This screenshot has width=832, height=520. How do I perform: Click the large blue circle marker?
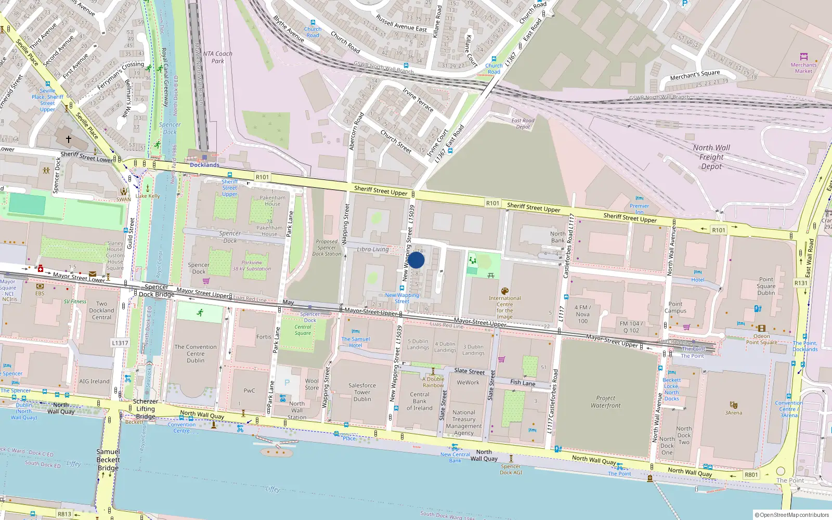click(416, 260)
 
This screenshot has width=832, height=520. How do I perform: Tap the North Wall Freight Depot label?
click(711, 157)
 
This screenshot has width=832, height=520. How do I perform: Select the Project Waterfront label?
click(605, 401)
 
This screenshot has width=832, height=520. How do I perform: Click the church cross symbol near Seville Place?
click(68, 139)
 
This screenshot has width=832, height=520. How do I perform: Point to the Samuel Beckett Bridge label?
click(108, 460)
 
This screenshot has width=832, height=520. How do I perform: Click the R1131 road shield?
click(801, 283)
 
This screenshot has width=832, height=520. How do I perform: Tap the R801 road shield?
click(751, 474)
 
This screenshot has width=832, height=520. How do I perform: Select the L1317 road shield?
click(120, 343)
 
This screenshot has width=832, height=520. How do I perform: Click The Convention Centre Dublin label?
click(196, 354)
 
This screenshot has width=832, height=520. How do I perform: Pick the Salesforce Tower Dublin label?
click(362, 392)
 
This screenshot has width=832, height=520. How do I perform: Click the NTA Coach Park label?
click(217, 57)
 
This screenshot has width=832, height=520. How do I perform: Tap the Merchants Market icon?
click(803, 57)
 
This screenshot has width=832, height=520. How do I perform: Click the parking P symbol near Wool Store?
click(287, 383)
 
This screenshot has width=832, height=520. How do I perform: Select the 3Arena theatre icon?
click(734, 405)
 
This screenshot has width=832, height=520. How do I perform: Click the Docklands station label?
click(204, 165)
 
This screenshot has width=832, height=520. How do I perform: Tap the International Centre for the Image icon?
click(504, 291)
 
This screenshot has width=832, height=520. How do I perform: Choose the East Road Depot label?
click(523, 123)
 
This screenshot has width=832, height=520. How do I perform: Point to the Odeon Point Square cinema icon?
click(761, 329)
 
